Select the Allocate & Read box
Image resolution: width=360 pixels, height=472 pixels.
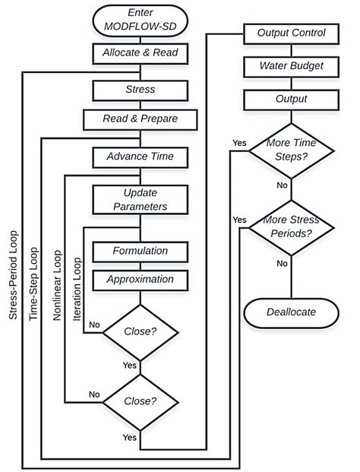[140, 53]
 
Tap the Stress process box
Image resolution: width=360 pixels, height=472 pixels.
[140, 90]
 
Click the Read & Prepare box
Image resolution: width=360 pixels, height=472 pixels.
[140, 119]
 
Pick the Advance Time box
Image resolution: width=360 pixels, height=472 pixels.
[140, 157]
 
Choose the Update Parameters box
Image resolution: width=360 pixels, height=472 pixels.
[140, 199]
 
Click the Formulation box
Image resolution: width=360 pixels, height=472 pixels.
[140, 250]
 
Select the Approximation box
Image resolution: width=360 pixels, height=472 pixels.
[140, 279]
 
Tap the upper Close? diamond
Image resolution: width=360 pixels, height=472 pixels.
[140, 332]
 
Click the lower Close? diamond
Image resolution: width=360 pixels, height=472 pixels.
[140, 401]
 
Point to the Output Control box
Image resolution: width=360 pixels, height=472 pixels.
[291, 33]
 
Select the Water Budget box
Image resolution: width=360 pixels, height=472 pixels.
[291, 66]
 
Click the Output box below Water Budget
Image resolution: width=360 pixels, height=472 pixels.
[291, 99]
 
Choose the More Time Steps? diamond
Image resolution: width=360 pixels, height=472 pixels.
[291, 150]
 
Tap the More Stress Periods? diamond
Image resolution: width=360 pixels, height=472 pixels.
[291, 226]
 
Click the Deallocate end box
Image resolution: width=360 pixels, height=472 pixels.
[291, 312]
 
